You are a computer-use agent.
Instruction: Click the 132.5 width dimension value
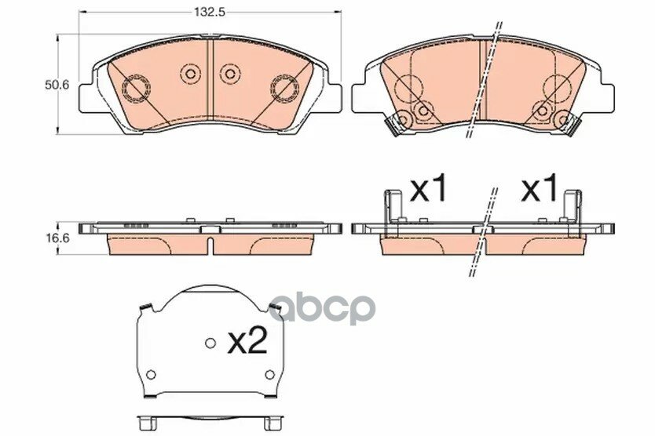click(x=209, y=12)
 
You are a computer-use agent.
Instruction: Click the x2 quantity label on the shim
click(x=247, y=343)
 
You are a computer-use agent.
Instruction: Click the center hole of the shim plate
click(x=210, y=343)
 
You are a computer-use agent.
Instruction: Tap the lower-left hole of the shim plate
click(x=152, y=374)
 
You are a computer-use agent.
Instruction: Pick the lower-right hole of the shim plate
click(x=270, y=374)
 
